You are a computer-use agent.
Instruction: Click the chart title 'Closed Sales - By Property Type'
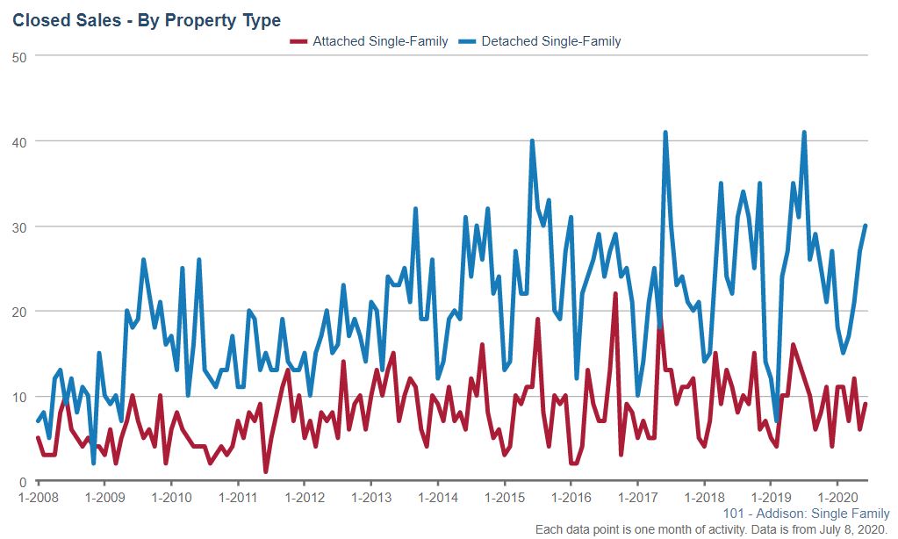pos(147,19)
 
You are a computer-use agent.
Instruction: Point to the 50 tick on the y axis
pos(20,57)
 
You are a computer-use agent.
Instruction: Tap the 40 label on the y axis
pos(20,142)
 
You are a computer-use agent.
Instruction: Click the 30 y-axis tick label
pos(20,227)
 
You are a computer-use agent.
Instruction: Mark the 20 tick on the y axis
pos(20,312)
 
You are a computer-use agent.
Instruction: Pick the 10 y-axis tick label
pos(20,397)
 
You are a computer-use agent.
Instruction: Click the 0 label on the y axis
pos(24,482)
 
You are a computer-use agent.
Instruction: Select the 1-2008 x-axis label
pos(38,497)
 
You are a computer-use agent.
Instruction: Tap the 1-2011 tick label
pos(237,497)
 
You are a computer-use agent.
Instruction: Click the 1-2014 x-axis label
pos(437,497)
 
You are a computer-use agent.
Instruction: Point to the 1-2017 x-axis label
pos(636,497)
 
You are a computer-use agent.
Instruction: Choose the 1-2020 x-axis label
pos(837,497)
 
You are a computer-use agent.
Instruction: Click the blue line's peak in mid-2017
pos(665,133)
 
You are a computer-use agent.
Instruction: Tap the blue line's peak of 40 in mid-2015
pos(532,141)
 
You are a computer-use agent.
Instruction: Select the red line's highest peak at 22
pos(615,294)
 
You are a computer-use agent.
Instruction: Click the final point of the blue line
pos(866,226)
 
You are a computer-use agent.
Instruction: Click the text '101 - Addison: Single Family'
pos(806,514)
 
